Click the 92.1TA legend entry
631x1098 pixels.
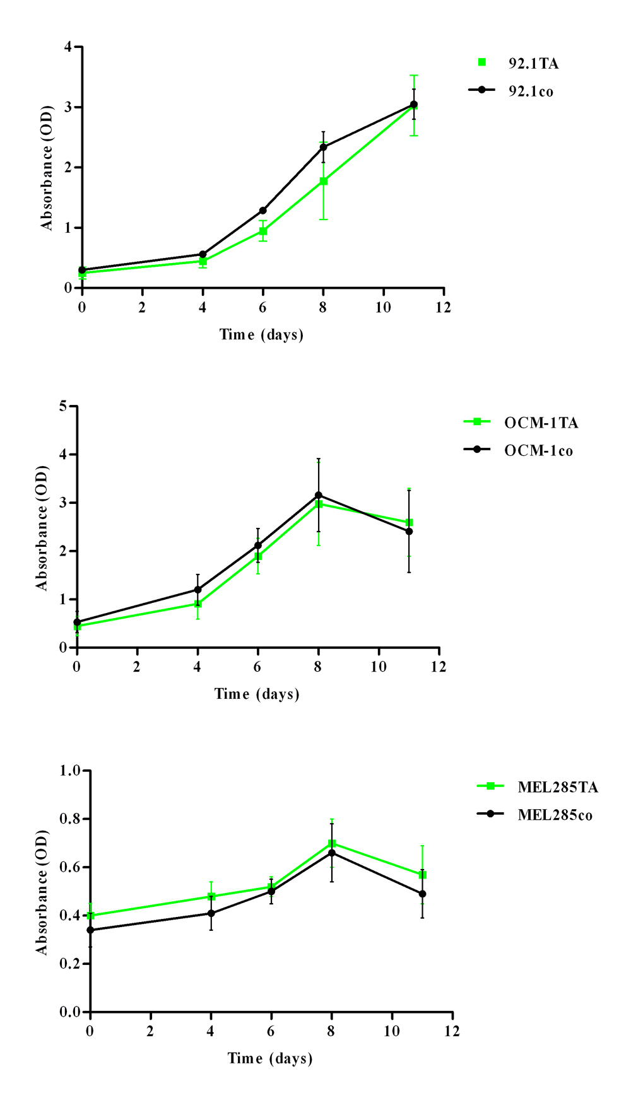[533, 63]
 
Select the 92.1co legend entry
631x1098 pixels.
[531, 91]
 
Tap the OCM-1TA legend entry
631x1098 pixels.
[541, 423]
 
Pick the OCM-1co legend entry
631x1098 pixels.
[538, 451]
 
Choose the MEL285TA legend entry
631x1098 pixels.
[558, 787]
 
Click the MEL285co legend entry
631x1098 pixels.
[555, 815]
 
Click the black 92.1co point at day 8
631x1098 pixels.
[324, 148]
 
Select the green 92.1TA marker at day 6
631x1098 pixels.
[263, 231]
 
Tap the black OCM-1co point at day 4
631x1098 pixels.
[198, 590]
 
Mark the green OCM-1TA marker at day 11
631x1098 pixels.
[410, 523]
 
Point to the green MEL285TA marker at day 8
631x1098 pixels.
[332, 844]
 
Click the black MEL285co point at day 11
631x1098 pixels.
[422, 894]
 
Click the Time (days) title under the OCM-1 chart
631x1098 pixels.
[257, 694]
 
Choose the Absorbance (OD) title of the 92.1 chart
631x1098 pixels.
[47, 168]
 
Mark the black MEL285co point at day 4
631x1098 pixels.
[211, 913]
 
